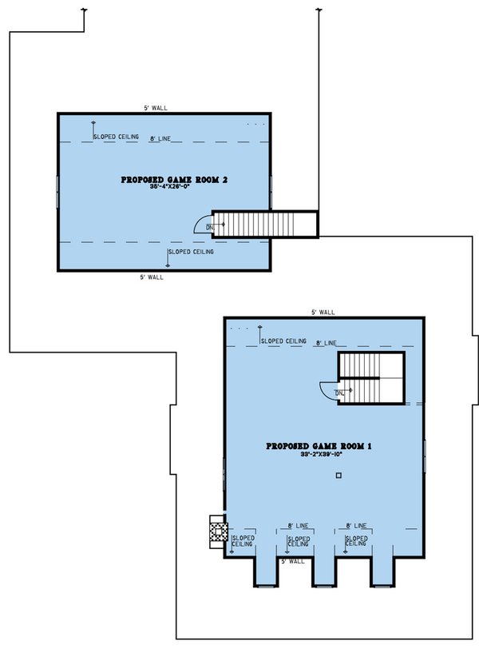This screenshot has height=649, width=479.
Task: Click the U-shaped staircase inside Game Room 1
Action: click(371, 376)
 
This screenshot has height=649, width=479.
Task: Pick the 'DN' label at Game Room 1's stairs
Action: click(339, 392)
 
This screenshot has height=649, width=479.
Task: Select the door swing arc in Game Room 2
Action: click(203, 223)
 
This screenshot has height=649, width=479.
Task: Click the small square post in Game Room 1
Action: click(339, 476)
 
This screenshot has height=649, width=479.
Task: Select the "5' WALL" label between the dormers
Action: click(292, 561)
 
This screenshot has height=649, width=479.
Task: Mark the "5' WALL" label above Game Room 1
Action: click(323, 313)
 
